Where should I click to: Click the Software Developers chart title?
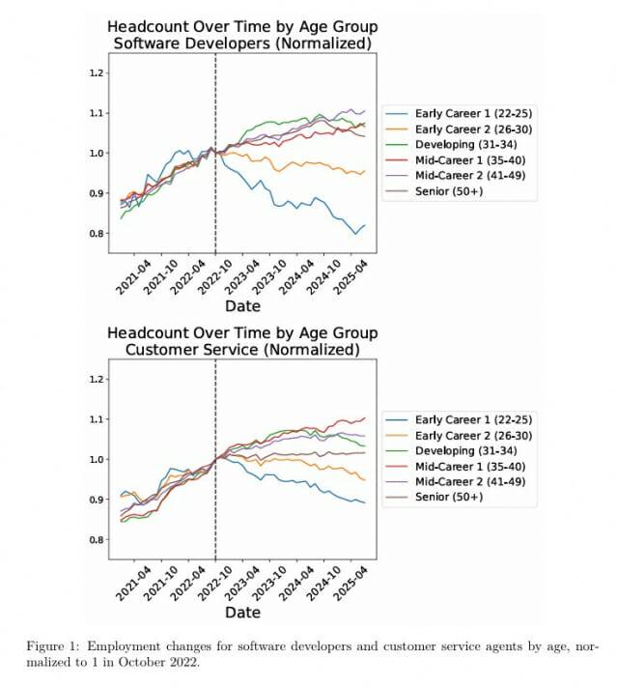point(242,34)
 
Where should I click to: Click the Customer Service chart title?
point(242,340)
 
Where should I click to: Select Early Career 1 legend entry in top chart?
point(459,113)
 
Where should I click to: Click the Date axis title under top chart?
point(242,306)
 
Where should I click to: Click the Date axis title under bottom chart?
point(242,613)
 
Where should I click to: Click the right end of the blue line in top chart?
point(365,225)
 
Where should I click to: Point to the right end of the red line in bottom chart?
point(365,417)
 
